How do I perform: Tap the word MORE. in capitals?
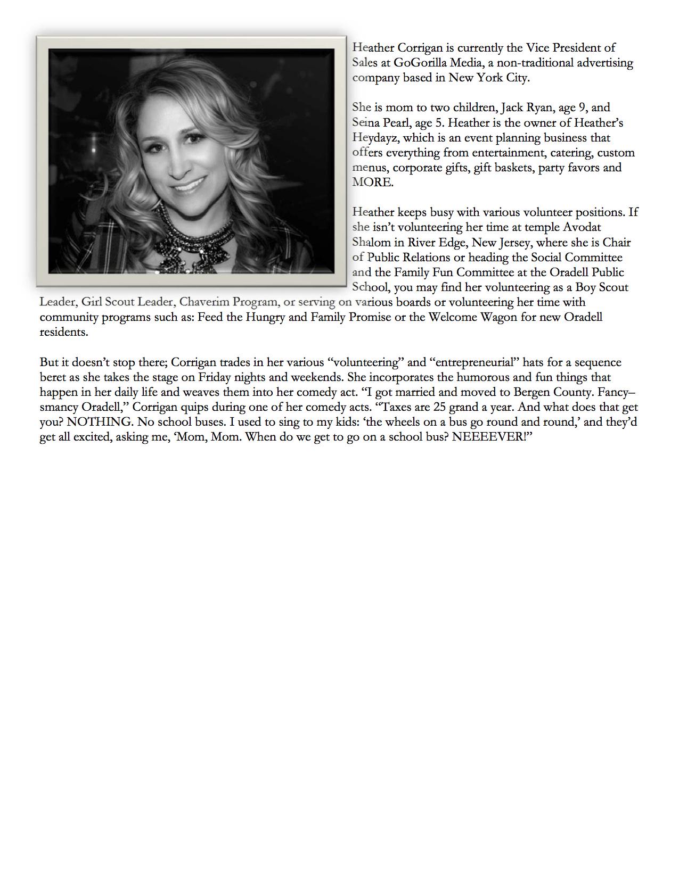point(373,183)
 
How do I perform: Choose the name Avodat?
point(582,227)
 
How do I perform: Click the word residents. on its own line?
point(64,332)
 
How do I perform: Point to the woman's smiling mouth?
point(187,187)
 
